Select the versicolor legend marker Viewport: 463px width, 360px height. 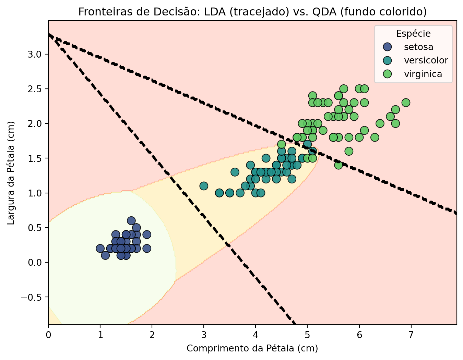387,60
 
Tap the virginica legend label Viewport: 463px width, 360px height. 423,74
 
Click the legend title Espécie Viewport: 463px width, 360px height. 413,34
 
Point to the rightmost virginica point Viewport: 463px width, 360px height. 406,103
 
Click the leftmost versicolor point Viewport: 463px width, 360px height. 204,186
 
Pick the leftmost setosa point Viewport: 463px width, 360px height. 100,248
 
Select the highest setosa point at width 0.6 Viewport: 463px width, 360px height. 131,220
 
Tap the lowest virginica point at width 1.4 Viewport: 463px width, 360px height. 339,165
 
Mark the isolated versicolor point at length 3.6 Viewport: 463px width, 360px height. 235,172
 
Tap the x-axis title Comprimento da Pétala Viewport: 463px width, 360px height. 252,349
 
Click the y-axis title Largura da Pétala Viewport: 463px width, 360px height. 11,172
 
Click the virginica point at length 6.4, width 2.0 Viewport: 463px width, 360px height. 380,123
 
